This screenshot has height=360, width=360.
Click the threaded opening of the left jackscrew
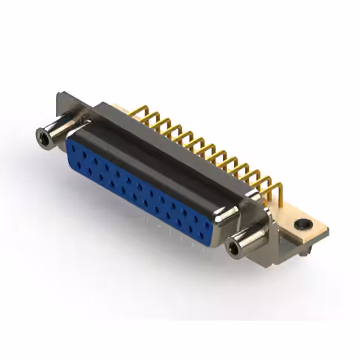[41, 135]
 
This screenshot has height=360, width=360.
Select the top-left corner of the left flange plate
[58, 94]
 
